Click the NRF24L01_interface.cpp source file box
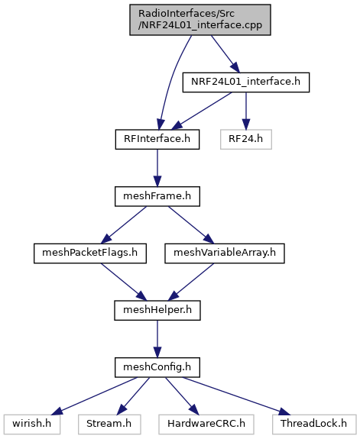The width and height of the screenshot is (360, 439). [x=200, y=20]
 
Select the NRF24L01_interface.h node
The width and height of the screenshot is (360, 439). [x=246, y=82]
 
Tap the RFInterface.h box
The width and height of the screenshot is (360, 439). [x=157, y=139]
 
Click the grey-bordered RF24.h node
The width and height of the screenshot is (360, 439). [x=246, y=139]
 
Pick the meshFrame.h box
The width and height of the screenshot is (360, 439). [x=157, y=196]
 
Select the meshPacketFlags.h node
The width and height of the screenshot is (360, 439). [x=90, y=253]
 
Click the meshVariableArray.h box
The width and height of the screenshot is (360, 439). [x=225, y=253]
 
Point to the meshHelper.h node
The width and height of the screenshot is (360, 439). [x=157, y=310]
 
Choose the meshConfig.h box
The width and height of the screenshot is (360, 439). [x=157, y=367]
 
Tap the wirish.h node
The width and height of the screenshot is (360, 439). [x=32, y=424]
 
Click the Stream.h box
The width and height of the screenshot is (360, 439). [x=109, y=424]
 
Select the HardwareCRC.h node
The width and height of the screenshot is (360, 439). [x=206, y=424]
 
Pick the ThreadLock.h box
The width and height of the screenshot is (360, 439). [x=314, y=424]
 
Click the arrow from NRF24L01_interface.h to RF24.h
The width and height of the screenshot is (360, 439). [x=246, y=111]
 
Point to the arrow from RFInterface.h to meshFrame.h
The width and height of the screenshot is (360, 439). [x=157, y=168]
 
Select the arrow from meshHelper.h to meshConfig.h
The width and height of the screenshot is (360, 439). [x=157, y=339]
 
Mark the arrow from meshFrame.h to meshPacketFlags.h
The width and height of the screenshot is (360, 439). [x=124, y=224]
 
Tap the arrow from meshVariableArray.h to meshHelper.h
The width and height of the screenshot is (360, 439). [x=191, y=282]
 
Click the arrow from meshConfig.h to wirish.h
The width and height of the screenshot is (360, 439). [x=95, y=396]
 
